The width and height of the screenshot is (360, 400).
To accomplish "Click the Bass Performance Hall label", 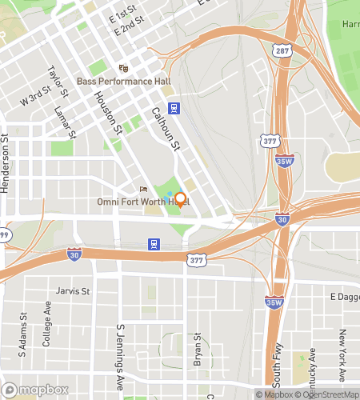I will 124,82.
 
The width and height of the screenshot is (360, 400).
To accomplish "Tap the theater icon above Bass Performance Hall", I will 122,69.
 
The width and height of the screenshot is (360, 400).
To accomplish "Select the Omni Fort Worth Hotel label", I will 142,202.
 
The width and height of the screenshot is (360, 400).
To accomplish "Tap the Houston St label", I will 108,111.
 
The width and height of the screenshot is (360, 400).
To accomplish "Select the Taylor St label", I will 58,80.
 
